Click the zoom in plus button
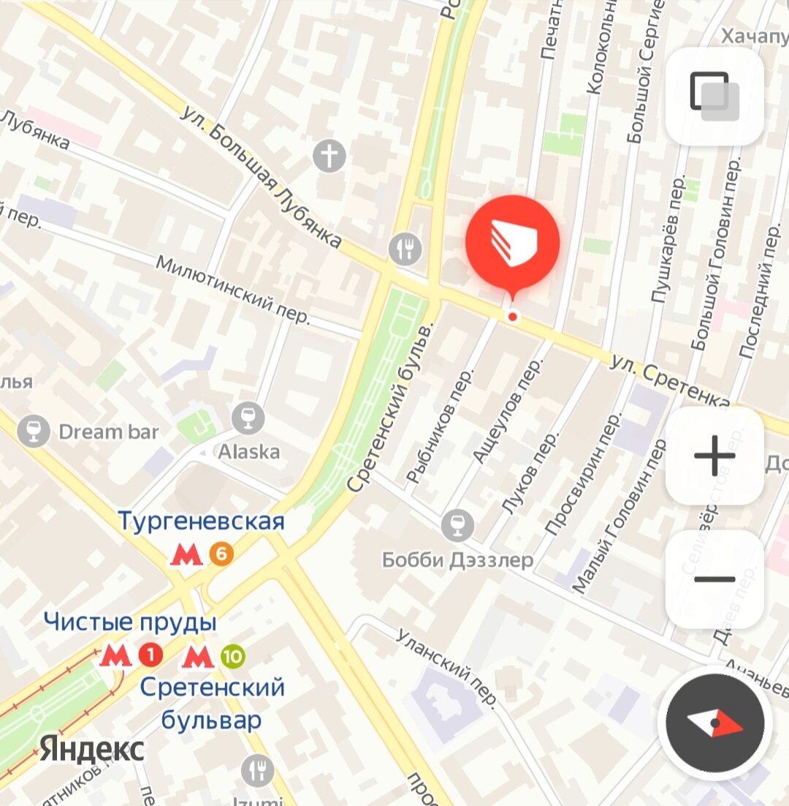point(714,456)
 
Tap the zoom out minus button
point(714,579)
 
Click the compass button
point(714,723)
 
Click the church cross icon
point(329,156)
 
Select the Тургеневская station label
point(201,521)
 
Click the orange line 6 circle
point(221,554)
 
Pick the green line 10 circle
point(232,657)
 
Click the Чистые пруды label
point(130,622)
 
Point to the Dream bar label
point(108,432)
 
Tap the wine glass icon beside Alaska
point(248,418)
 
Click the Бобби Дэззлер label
point(457,560)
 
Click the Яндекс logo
point(92,749)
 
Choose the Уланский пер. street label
point(448,668)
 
